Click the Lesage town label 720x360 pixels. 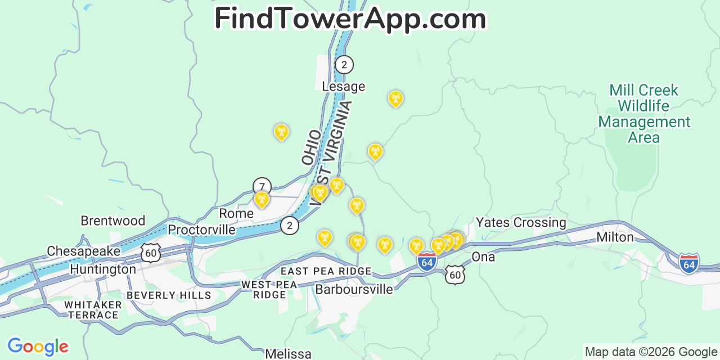(343, 87)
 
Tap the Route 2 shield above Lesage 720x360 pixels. (344, 65)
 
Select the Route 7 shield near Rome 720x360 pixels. (262, 186)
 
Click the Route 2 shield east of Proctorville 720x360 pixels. (290, 226)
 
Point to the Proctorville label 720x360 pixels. (201, 229)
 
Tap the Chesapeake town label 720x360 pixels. (83, 251)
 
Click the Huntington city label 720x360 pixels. (103, 269)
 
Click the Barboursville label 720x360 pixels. (354, 289)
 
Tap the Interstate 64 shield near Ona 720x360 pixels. (427, 262)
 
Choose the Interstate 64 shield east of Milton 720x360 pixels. (689, 263)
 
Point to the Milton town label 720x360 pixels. (615, 237)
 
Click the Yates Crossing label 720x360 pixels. (521, 222)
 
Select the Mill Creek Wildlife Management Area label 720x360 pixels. (644, 114)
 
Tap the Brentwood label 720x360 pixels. (112, 220)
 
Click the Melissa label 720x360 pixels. (288, 354)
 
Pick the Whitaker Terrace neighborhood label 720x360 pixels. (93, 309)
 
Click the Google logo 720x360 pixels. (38, 346)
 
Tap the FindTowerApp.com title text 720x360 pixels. (350, 19)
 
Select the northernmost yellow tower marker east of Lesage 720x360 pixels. (395, 98)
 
